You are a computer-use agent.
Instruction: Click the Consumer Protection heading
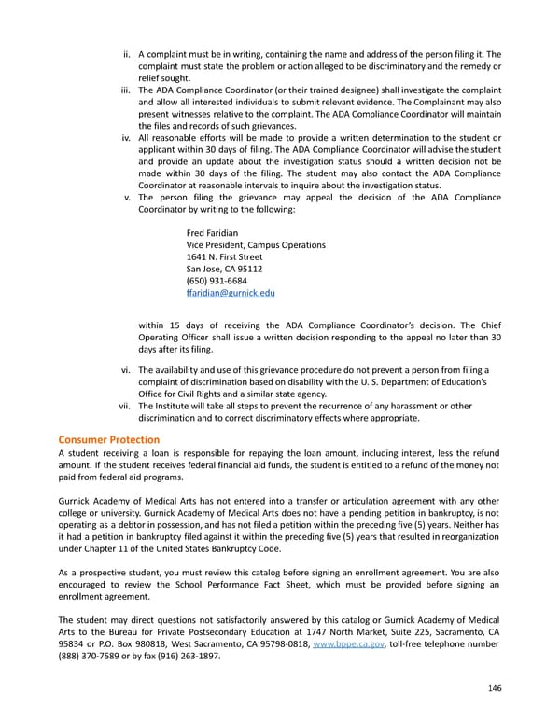[108, 439]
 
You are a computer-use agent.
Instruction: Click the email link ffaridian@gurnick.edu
[231, 293]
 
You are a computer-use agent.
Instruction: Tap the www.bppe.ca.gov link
[350, 643]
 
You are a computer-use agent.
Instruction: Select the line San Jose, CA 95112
[225, 269]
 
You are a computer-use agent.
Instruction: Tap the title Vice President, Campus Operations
[256, 244]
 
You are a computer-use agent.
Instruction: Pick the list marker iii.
[126, 90]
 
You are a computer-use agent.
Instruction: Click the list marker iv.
[126, 138]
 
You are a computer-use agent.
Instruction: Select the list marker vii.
[125, 406]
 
